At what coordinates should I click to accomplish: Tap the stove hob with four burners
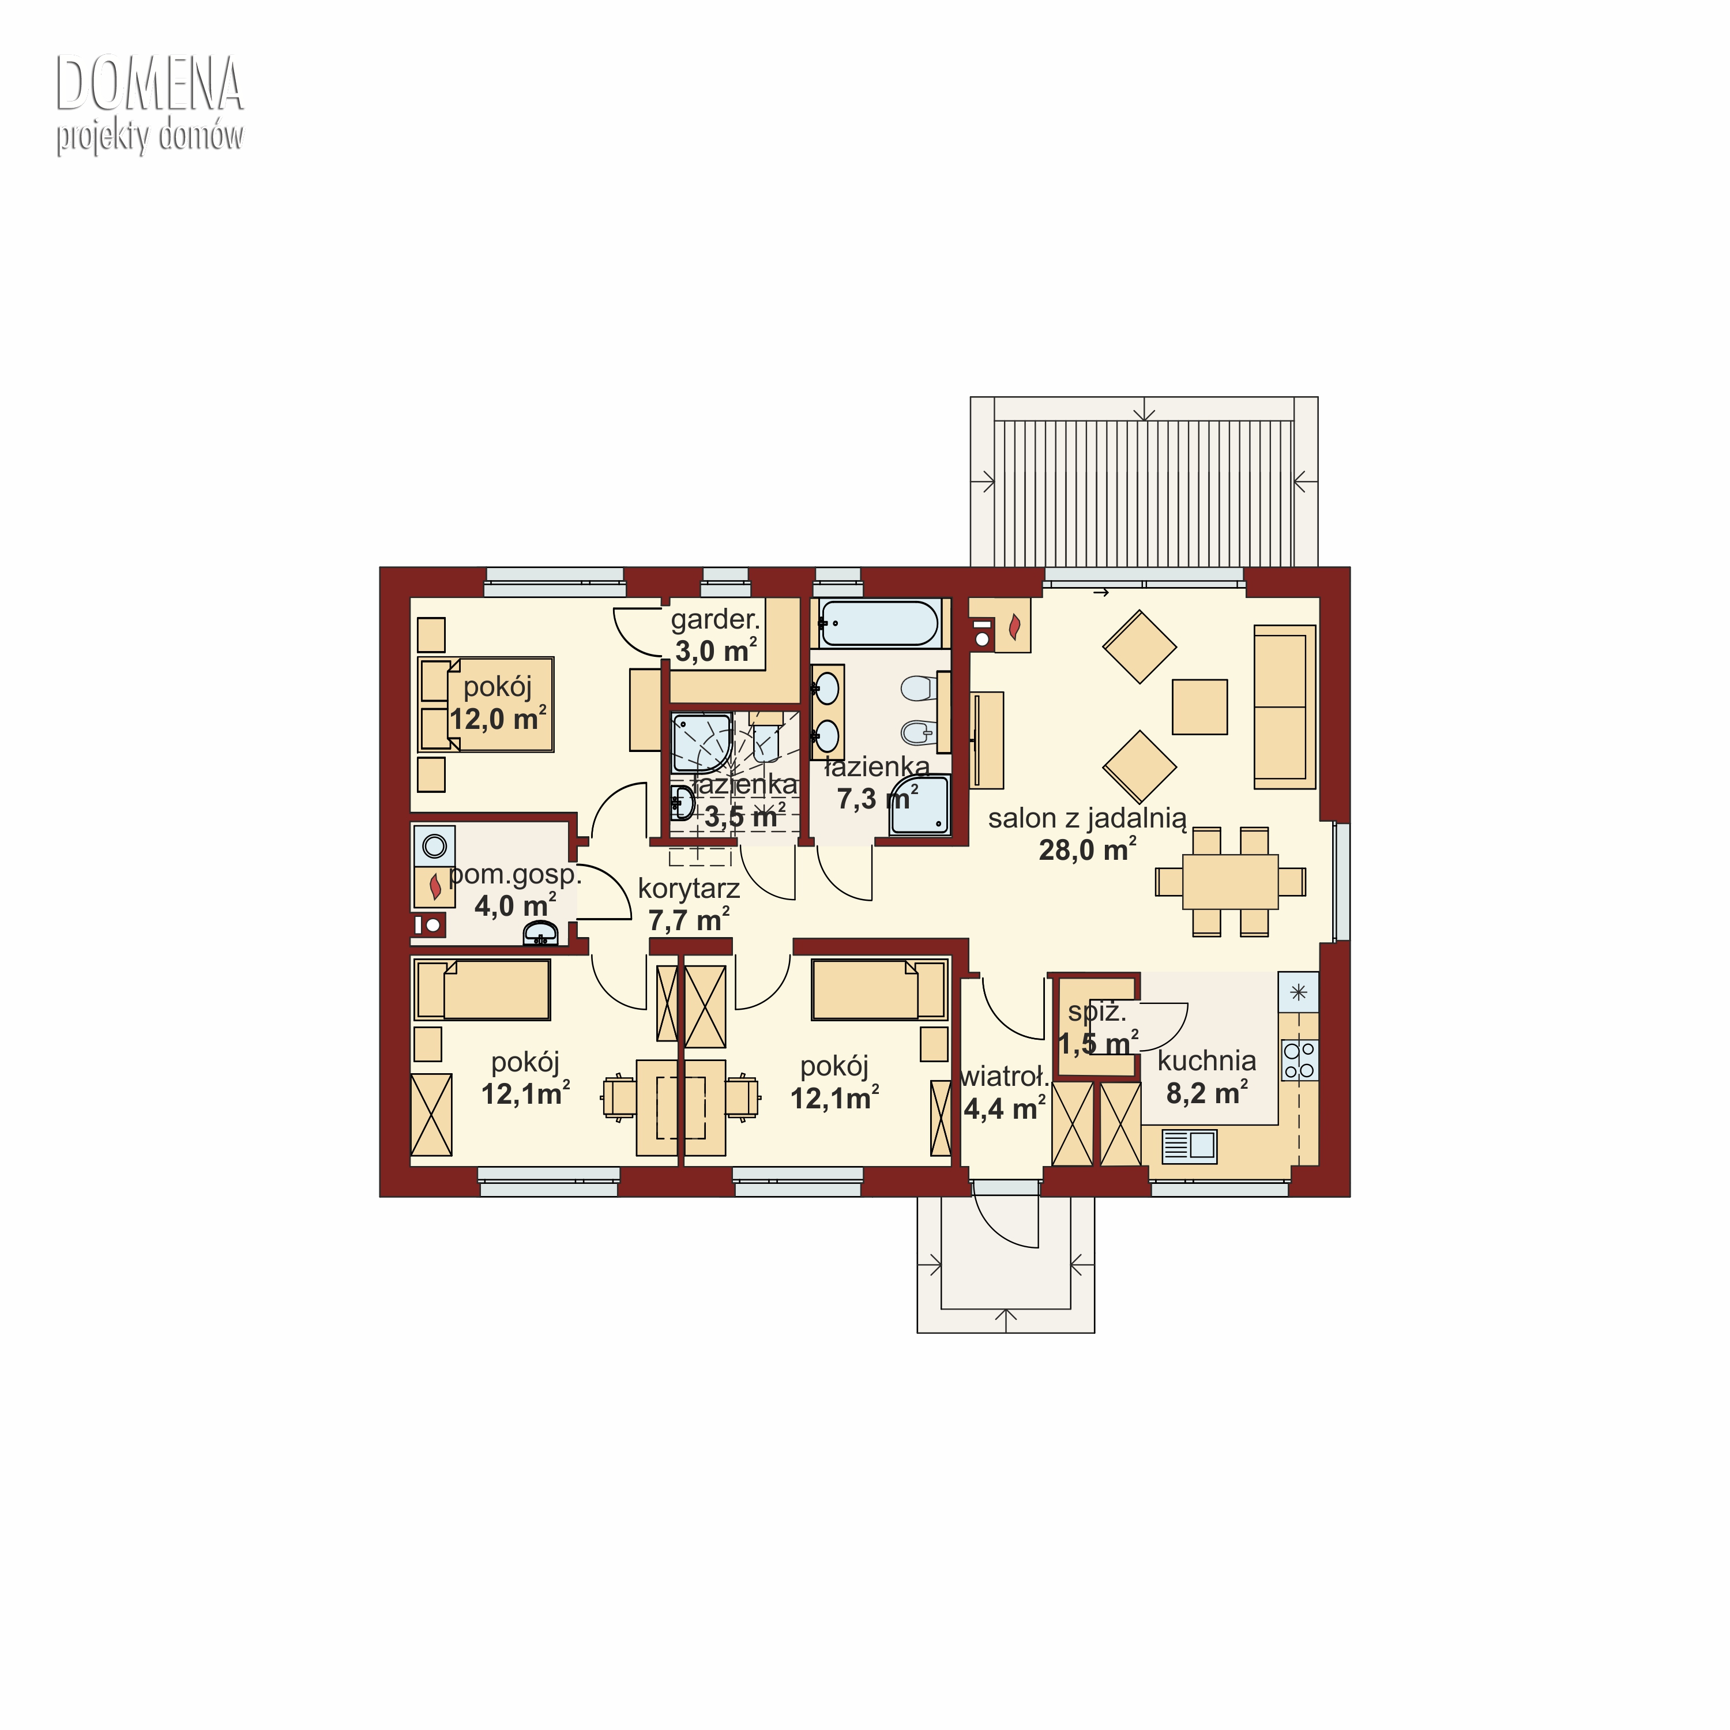(1299, 1060)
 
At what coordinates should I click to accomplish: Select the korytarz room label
(689, 889)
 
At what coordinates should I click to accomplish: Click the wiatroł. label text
(1004, 1076)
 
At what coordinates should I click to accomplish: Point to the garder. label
(716, 619)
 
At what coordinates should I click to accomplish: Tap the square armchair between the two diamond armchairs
(1200, 706)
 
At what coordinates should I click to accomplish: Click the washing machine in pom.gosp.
(434, 845)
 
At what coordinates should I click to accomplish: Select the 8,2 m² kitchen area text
(1207, 1092)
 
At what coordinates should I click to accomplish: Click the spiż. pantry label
(1097, 1012)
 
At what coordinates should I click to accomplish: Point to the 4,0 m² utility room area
(515, 905)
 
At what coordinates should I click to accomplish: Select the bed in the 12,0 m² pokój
(486, 705)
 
